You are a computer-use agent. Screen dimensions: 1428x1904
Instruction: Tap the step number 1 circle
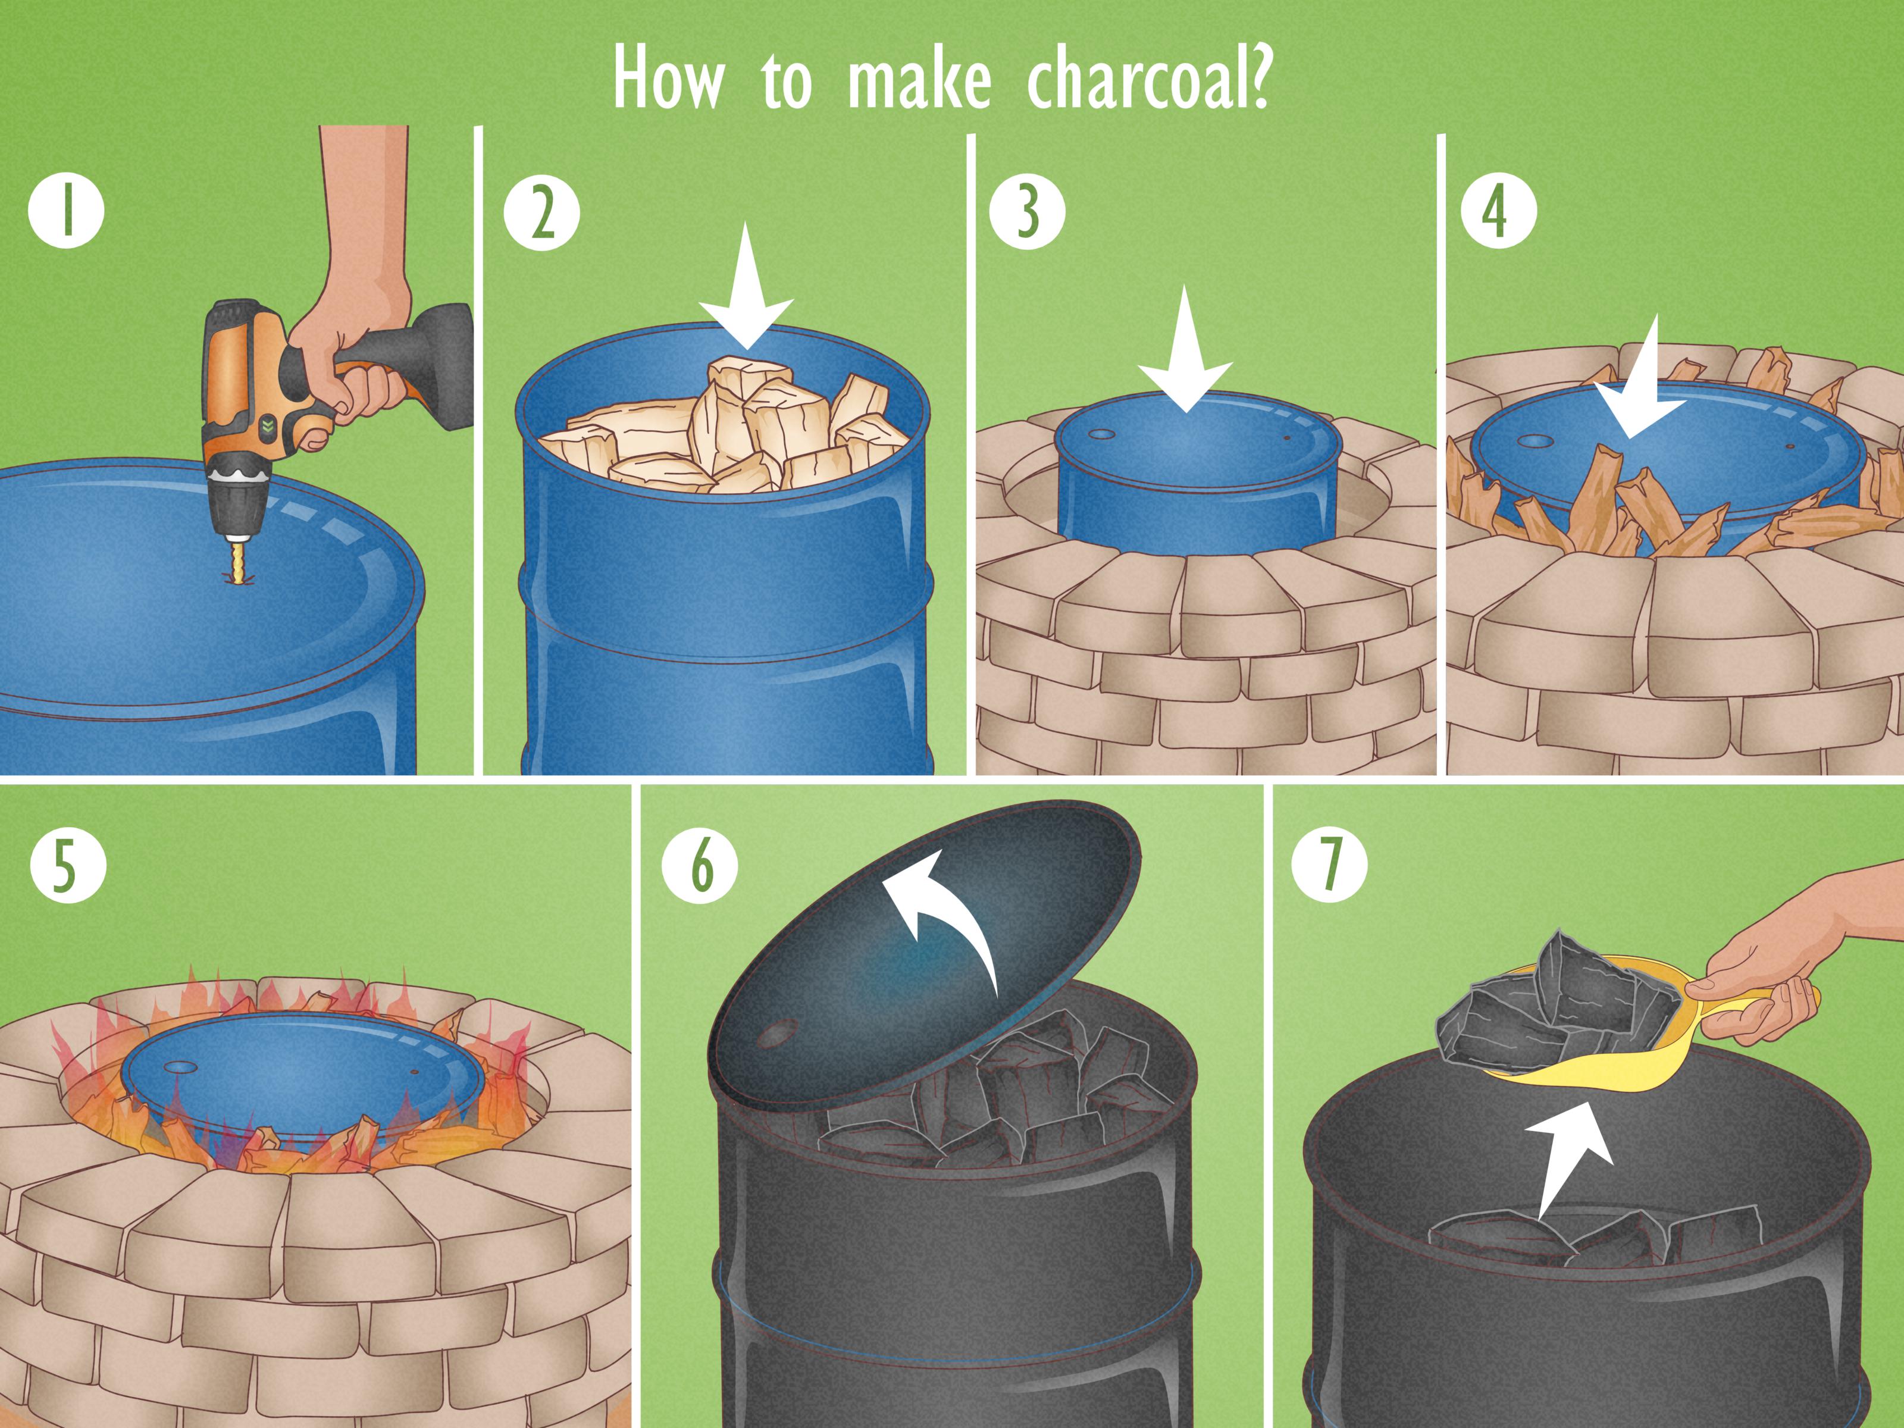point(66,211)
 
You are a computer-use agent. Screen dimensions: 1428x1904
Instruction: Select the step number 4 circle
point(1499,211)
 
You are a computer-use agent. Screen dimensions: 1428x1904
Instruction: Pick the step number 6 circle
point(700,865)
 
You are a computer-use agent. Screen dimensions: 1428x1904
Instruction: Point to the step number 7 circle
point(1330,865)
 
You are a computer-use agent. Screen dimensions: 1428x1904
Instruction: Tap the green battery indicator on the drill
point(268,425)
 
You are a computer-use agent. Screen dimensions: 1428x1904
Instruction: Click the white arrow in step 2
point(746,293)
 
